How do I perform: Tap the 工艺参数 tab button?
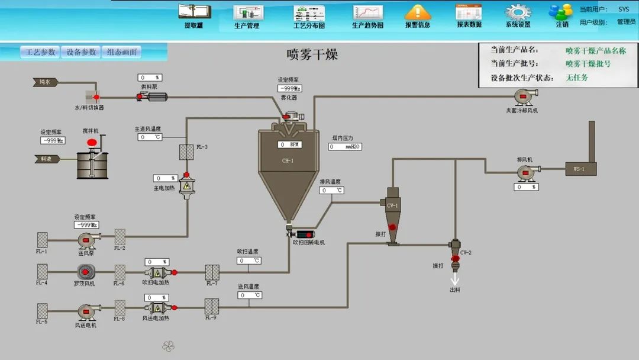[x=40, y=52]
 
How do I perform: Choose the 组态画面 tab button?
[x=122, y=52]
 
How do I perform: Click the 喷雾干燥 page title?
[x=312, y=55]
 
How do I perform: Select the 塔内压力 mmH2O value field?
[x=345, y=146]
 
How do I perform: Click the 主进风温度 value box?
[x=150, y=137]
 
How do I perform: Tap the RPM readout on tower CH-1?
[x=290, y=144]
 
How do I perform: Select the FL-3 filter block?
[x=187, y=152]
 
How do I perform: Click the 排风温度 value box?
[x=332, y=191]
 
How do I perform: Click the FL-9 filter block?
[x=212, y=307]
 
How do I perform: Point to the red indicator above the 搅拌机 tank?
[x=92, y=143]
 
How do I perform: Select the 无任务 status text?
[x=577, y=78]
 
